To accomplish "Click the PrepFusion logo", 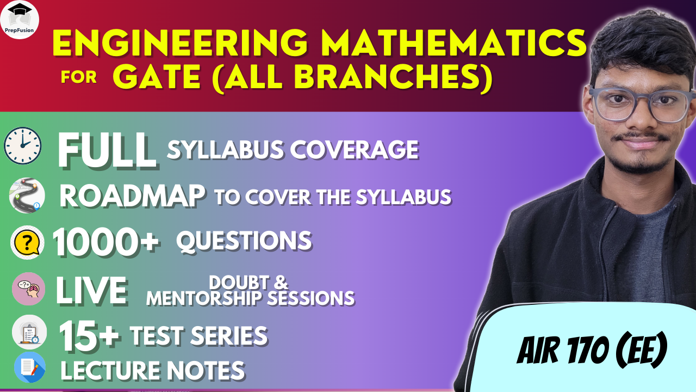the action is (20, 19).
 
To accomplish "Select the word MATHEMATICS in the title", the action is (453, 43).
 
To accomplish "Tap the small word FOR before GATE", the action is (79, 77).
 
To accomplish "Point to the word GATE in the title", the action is (157, 77).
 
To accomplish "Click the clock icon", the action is (23, 145).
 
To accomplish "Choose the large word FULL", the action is (107, 151).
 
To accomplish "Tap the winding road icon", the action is (27, 195).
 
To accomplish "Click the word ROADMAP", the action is (132, 196).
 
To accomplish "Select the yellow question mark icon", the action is (27, 242).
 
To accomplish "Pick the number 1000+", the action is (106, 242).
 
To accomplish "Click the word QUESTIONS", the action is (244, 241).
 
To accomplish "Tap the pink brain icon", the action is (29, 289).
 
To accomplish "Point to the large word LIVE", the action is (92, 291).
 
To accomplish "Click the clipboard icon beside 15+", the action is (29, 332).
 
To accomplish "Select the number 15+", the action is (89, 336).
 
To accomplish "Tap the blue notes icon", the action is (30, 367).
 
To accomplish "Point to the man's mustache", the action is (642, 136).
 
